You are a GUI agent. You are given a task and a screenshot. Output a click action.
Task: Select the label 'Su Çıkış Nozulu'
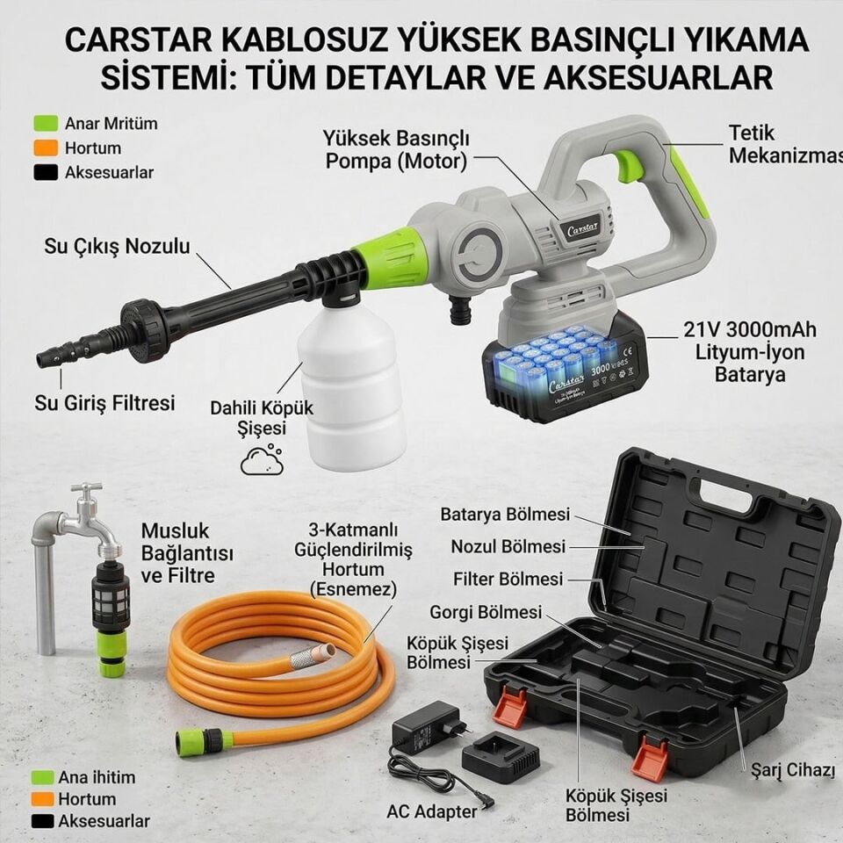coord(117,247)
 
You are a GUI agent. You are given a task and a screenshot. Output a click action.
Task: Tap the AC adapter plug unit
coord(429,725)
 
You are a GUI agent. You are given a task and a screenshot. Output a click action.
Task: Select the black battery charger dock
coord(501,756)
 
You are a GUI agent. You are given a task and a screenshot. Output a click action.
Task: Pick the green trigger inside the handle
coord(629,165)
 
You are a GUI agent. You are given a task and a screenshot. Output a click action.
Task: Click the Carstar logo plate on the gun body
coord(580,227)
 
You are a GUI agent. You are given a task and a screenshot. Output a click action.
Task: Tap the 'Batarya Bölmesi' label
coord(505,515)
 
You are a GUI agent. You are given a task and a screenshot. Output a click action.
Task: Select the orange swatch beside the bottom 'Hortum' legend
coord(43,799)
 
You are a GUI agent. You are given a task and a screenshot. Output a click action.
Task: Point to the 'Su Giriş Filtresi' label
coord(104,403)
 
